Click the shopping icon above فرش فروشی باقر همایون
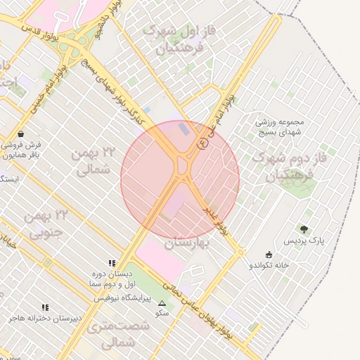(20, 133)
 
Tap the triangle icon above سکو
(162, 302)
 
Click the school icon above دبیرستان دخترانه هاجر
(45, 307)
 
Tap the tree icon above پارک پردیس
(304, 229)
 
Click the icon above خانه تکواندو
(269, 255)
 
